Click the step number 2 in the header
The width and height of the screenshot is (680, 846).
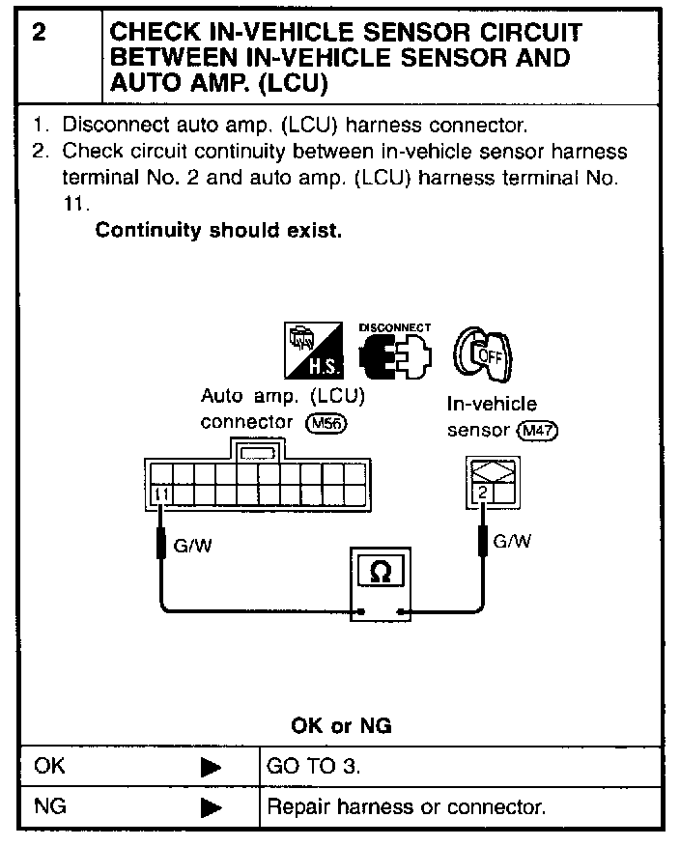click(x=40, y=32)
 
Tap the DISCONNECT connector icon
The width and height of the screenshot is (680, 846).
click(x=393, y=354)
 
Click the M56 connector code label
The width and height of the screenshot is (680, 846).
click(x=326, y=422)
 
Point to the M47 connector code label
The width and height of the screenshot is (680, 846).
click(x=538, y=430)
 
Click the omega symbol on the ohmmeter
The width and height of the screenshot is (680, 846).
click(x=382, y=573)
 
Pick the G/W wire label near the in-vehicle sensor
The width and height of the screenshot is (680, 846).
click(x=512, y=542)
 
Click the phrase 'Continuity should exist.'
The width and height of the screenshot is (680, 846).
click(x=218, y=232)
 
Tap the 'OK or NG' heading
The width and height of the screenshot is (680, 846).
click(x=341, y=726)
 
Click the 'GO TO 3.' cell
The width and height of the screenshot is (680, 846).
click(x=310, y=768)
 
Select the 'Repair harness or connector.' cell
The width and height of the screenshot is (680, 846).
click(x=406, y=806)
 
